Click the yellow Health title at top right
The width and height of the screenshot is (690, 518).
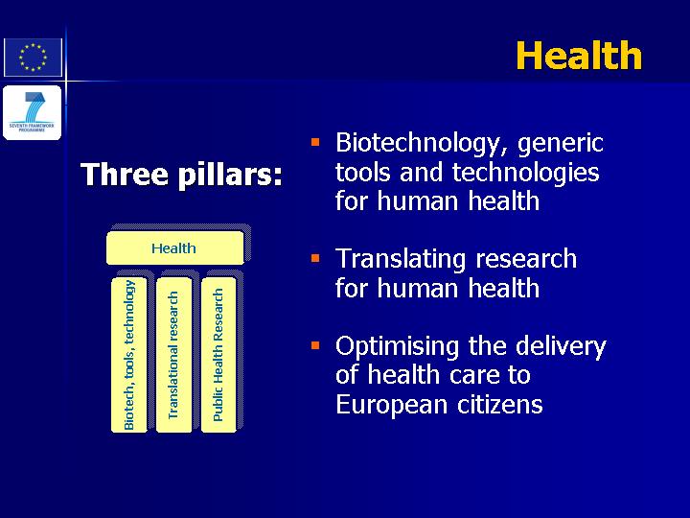pyautogui.click(x=579, y=55)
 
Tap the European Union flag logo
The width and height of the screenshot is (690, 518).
pyautogui.click(x=33, y=58)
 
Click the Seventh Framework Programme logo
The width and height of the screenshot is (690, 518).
pyautogui.click(x=33, y=112)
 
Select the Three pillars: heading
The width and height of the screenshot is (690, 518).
pyautogui.click(x=181, y=175)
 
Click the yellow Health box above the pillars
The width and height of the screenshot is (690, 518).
pyautogui.click(x=175, y=248)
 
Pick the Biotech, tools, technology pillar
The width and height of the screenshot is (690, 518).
pyautogui.click(x=129, y=355)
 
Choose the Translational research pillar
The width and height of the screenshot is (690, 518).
pyautogui.click(x=173, y=355)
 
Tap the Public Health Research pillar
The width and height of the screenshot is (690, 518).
pyautogui.click(x=218, y=355)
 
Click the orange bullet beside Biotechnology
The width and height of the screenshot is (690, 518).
pyautogui.click(x=315, y=142)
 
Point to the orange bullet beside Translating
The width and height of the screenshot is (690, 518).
pyautogui.click(x=315, y=258)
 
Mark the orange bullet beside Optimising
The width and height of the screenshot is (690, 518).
pyautogui.click(x=315, y=345)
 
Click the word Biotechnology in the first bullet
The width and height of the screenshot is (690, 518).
pyautogui.click(x=421, y=143)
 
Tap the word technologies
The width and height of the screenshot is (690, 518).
pyautogui.click(x=526, y=173)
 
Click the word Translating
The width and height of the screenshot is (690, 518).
pyautogui.click(x=401, y=259)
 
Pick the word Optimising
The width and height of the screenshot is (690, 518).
pyautogui.click(x=398, y=347)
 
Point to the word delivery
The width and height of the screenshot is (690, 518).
pyautogui.click(x=561, y=347)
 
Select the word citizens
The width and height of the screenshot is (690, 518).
pyautogui.click(x=500, y=404)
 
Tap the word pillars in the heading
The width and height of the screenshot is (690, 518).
pyautogui.click(x=230, y=175)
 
